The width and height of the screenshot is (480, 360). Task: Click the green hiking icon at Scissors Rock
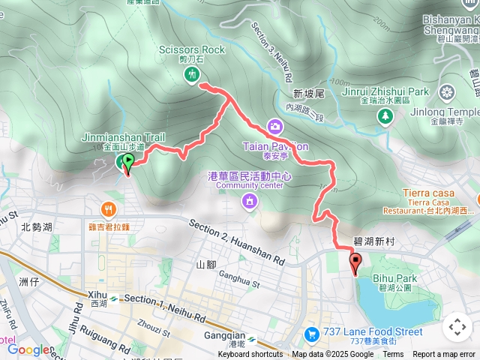click(x=193, y=73)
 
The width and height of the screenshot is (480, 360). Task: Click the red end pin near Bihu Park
click(x=355, y=263)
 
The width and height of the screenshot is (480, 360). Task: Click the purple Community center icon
click(x=248, y=200)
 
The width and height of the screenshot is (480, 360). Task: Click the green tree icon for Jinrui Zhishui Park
click(x=385, y=115)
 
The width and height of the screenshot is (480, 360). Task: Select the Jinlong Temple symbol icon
click(x=447, y=93)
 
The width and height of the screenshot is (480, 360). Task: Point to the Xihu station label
click(x=98, y=300)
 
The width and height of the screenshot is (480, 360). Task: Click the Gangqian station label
click(x=226, y=334)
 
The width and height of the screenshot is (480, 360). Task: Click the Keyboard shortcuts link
click(x=250, y=355)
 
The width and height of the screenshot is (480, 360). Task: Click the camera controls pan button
click(x=457, y=327)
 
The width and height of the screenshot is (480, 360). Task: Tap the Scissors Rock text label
click(x=192, y=50)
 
